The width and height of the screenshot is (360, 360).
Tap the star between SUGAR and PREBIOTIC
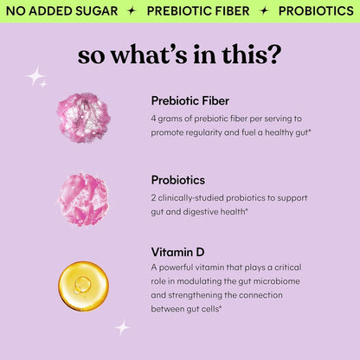131,11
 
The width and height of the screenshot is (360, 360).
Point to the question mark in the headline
274,54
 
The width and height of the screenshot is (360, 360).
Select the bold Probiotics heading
178,180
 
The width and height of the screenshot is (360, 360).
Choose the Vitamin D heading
177,252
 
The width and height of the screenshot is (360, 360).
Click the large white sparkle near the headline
35,76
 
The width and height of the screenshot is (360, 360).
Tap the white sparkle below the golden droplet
122,327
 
